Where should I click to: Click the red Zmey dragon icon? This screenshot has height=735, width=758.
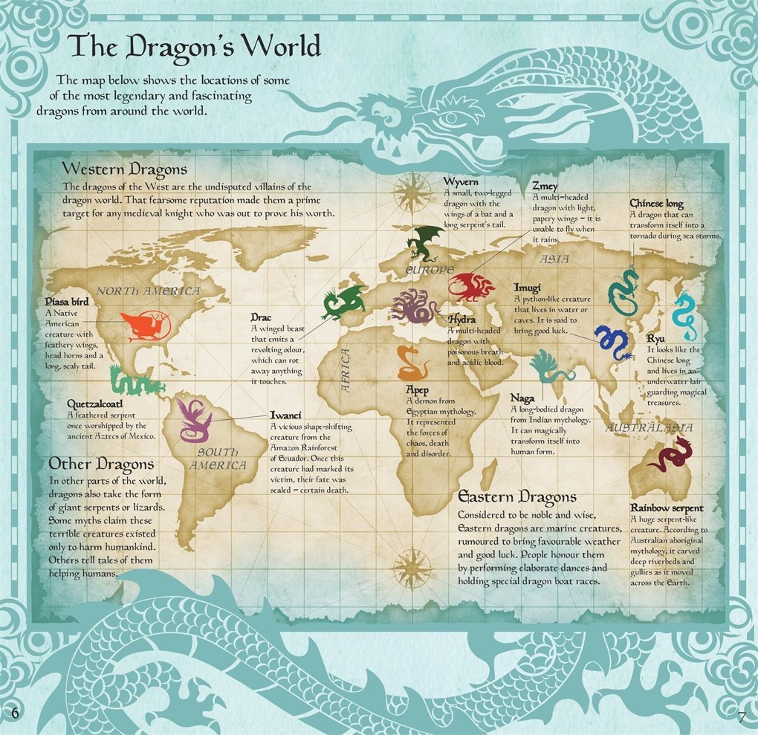click(471, 286)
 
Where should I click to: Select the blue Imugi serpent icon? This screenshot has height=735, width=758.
click(613, 342)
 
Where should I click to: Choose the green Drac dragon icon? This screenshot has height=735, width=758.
click(343, 302)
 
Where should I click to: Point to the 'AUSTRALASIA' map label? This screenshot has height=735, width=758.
click(649, 427)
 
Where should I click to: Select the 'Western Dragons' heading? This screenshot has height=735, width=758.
click(125, 169)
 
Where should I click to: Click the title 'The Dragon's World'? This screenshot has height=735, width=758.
click(194, 46)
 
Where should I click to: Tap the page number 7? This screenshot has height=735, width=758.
click(741, 716)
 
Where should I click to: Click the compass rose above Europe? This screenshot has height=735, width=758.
click(408, 191)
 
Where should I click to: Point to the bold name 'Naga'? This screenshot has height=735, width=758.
click(522, 398)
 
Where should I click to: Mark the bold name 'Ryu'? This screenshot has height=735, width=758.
click(655, 338)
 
